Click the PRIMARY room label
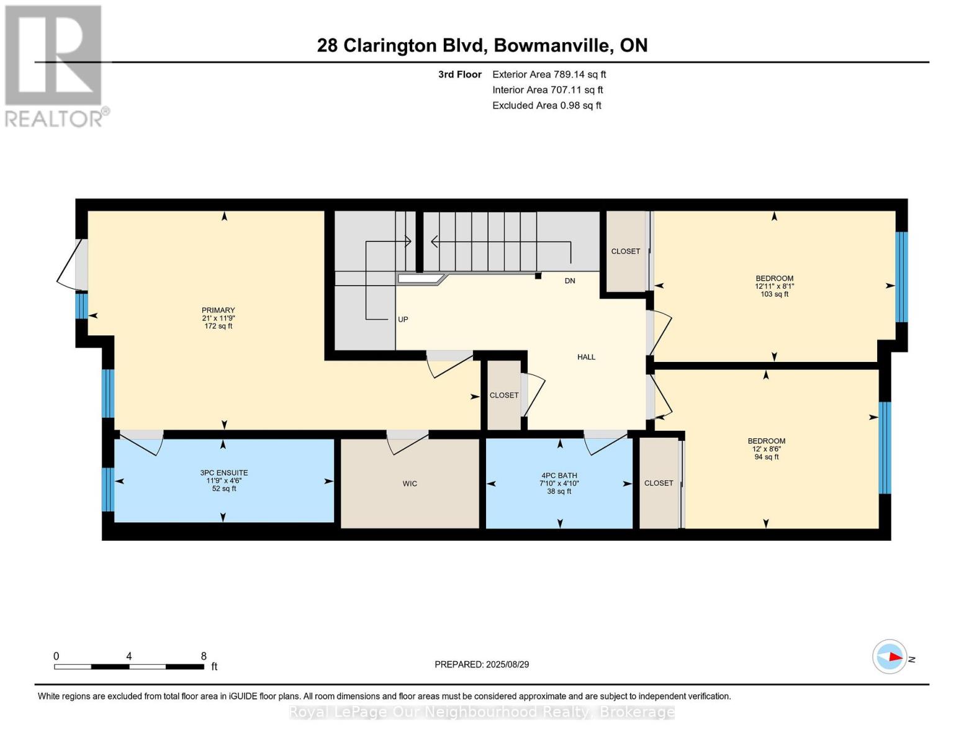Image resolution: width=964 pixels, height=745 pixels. click(218, 310)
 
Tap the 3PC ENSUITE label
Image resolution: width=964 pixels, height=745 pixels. click(223, 473)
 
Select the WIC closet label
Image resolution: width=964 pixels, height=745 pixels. click(410, 484)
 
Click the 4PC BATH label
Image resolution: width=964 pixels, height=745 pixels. click(559, 476)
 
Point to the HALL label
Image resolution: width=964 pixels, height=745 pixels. click(586, 357)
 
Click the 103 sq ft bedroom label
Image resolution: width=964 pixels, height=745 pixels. click(774, 286)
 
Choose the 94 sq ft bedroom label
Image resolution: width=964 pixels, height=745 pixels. click(766, 449)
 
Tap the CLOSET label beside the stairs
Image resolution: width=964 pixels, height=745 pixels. click(625, 251)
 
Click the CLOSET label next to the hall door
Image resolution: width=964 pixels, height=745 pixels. click(503, 395)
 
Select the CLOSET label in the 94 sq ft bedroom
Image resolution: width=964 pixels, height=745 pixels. click(658, 483)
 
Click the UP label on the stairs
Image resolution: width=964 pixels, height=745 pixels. click(403, 320)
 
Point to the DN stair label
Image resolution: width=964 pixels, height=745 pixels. click(569, 281)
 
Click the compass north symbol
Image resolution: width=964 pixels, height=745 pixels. click(890, 657)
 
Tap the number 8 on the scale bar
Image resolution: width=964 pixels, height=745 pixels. click(204, 656)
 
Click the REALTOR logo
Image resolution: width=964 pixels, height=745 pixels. click(55, 65)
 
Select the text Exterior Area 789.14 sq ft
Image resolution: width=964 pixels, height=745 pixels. click(549, 74)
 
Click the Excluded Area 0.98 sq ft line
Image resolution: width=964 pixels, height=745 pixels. click(546, 106)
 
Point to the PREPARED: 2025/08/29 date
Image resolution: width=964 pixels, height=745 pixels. click(482, 664)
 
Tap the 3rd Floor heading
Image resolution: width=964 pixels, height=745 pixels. click(459, 74)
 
